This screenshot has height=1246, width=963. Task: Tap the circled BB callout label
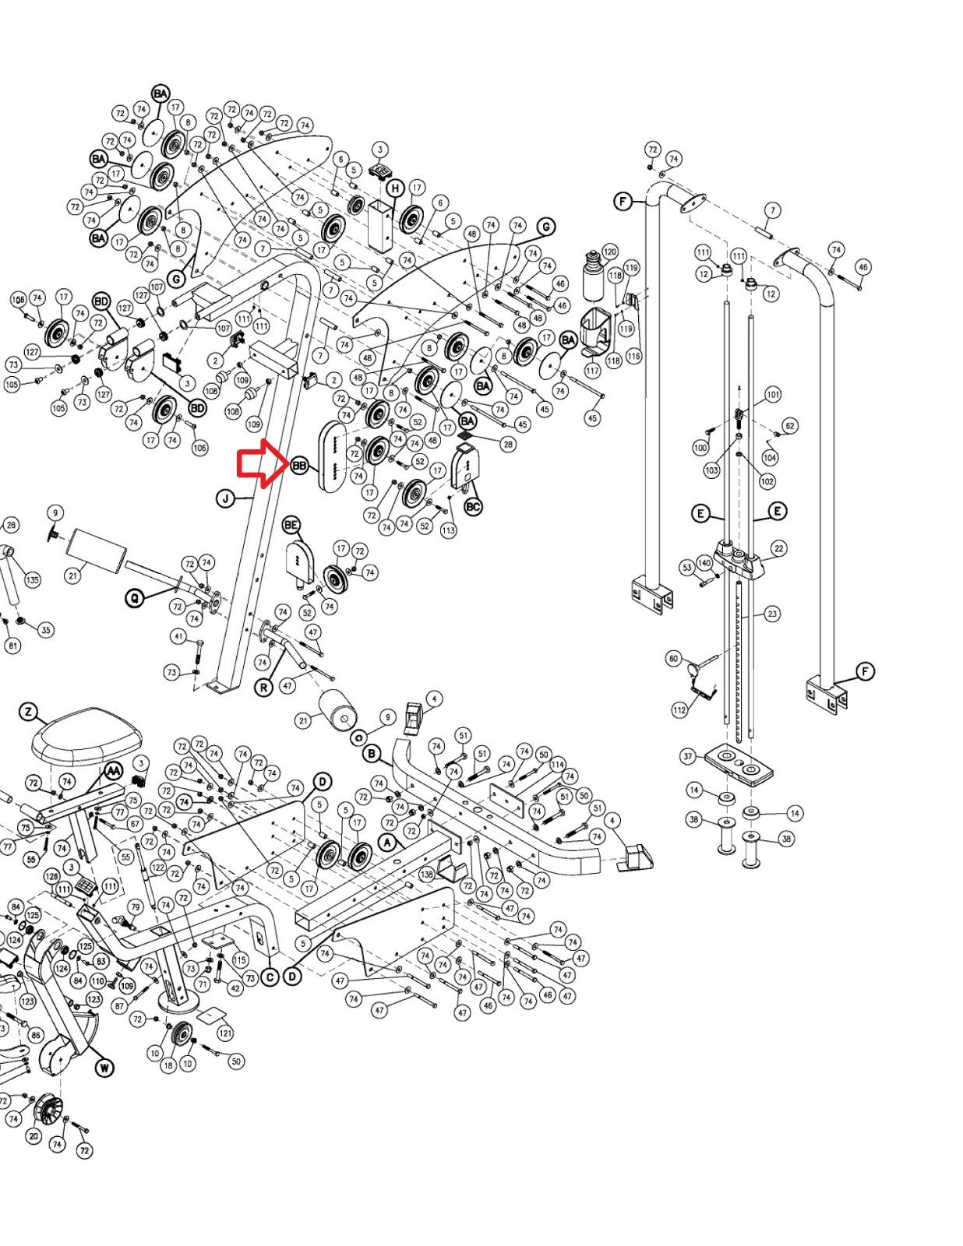(300, 466)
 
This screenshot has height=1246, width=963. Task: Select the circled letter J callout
(226, 498)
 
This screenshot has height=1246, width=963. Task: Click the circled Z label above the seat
(29, 712)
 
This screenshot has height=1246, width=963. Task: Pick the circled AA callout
(114, 770)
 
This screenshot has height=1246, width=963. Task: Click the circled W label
(104, 1067)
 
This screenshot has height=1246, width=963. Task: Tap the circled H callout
(396, 188)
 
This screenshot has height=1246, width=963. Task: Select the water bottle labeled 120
(593, 274)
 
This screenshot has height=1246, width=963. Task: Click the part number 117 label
(594, 371)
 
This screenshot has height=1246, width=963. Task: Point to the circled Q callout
(136, 598)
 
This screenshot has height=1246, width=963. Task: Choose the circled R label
(264, 688)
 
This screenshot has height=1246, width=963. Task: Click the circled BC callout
(473, 506)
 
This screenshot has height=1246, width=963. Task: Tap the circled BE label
(291, 526)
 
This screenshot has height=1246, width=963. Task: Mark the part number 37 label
(687, 756)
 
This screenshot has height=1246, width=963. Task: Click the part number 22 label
(778, 549)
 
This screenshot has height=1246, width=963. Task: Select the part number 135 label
(32, 580)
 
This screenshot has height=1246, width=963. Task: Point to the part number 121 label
(225, 1033)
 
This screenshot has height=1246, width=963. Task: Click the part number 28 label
(508, 444)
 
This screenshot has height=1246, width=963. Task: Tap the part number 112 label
(679, 709)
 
